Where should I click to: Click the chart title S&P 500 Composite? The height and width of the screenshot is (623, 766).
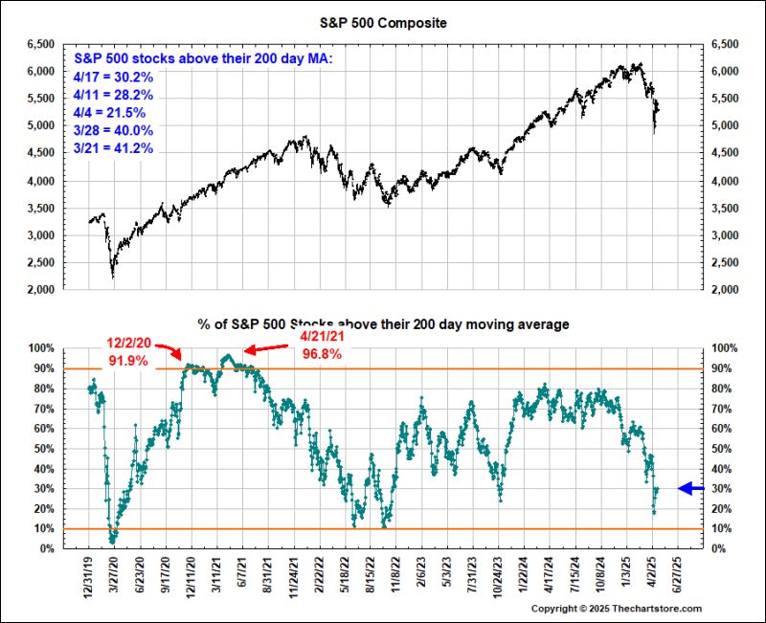pyautogui.click(x=382, y=20)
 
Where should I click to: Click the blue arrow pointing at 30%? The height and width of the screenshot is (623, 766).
pyautogui.click(x=691, y=488)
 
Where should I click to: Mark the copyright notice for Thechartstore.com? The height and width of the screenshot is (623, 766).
pyautogui.click(x=617, y=609)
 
